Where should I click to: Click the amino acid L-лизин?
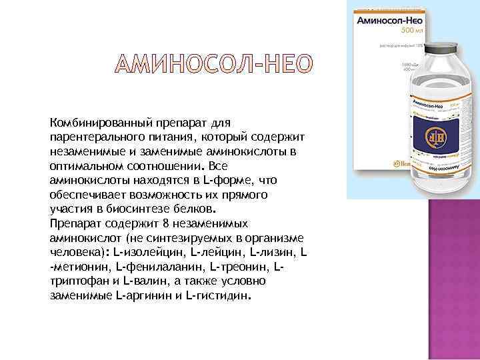[273, 253]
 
